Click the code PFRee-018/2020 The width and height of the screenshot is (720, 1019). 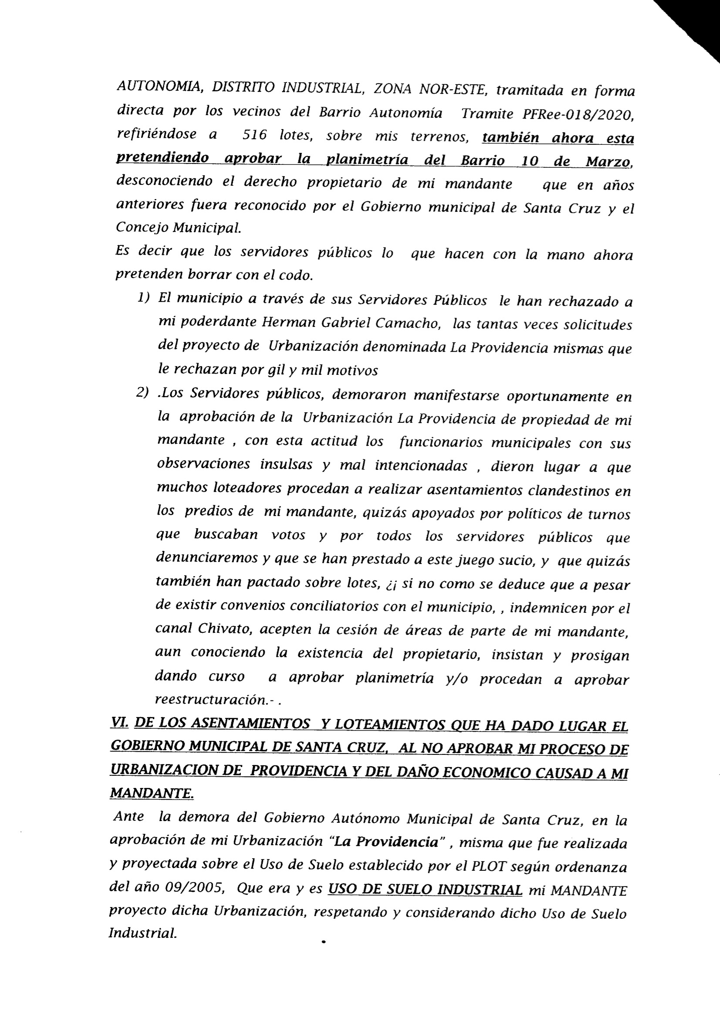click(x=578, y=114)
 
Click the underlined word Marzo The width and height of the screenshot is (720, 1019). click(x=608, y=162)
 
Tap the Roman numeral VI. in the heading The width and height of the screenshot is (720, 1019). click(x=120, y=724)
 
